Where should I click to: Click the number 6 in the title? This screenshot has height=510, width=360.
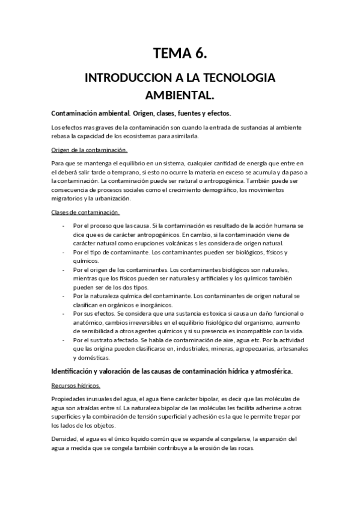200,54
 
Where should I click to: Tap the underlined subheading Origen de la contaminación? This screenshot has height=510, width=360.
89,150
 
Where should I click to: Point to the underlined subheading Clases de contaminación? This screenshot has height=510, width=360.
85,212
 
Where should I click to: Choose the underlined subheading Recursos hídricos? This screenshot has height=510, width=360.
76,386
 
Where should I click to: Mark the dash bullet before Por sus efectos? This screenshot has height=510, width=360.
64,313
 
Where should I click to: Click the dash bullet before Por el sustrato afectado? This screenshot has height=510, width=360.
64,340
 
